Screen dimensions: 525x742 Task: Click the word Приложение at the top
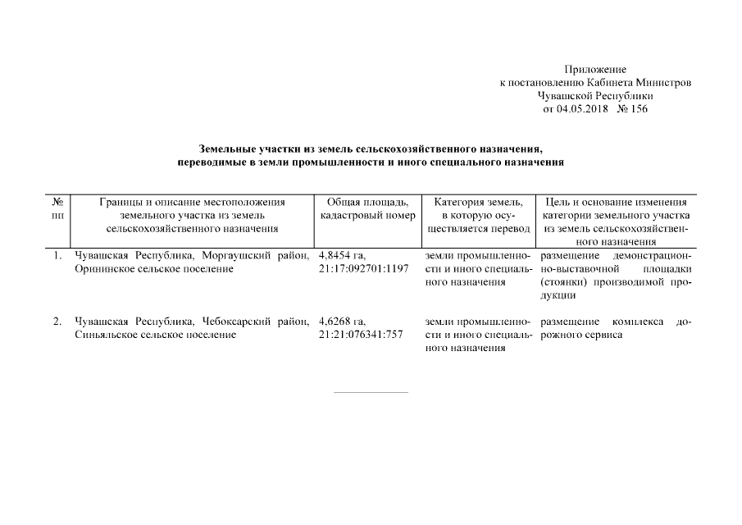595,70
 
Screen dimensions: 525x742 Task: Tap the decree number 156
638,109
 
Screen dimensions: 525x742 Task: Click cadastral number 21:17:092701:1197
362,269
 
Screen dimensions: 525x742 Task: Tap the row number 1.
57,256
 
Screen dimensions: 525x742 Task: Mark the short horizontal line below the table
371,392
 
